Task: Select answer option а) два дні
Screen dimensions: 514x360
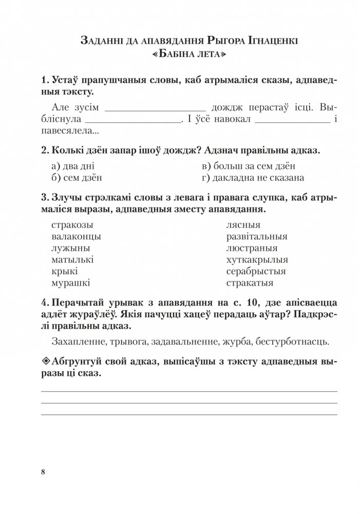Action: coord(73,166)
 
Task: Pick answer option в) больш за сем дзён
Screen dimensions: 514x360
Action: coord(249,166)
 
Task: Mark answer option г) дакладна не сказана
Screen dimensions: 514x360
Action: coord(253,178)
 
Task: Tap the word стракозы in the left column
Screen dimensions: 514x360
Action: coord(74,225)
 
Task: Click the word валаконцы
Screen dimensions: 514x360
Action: coord(77,237)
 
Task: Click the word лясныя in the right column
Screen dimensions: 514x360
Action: coord(243,225)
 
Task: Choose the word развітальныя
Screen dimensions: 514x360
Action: coord(256,237)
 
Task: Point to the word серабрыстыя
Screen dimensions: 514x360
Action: coord(256,271)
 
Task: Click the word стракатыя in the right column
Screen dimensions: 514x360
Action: coord(250,282)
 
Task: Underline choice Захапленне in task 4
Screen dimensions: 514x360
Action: coord(78,341)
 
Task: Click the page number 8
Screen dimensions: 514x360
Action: coord(43,472)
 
